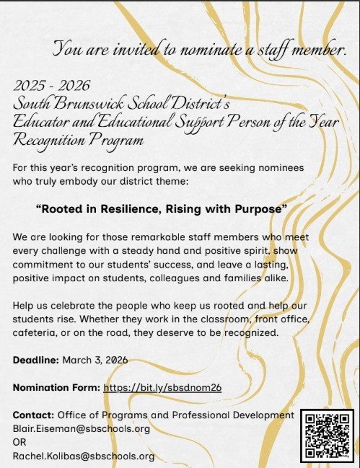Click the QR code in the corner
click(x=327, y=435)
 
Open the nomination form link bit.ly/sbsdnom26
click(x=162, y=387)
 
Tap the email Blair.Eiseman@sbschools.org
click(x=82, y=428)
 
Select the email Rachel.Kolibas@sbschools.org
click(x=84, y=456)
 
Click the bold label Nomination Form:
click(x=56, y=387)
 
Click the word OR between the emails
click(x=20, y=442)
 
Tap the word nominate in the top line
click(x=198, y=50)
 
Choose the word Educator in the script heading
click(x=40, y=122)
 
